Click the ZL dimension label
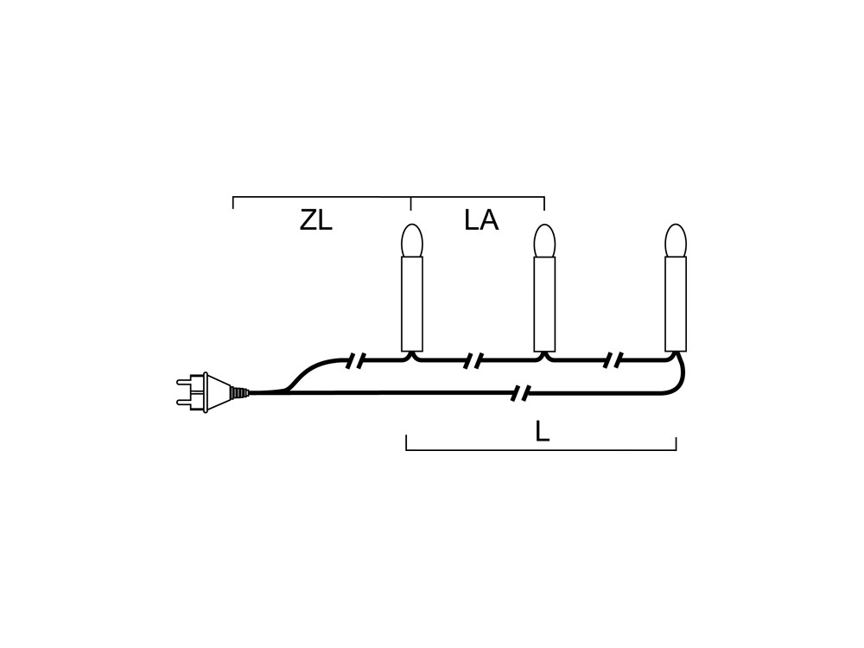coord(315,221)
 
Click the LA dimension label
coord(481,220)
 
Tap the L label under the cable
coord(543,431)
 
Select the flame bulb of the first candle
coord(411,240)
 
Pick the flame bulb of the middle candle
coord(544,240)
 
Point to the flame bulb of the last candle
coord(676,240)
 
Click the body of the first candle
coord(411,304)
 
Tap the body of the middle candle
coord(544,304)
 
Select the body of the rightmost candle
coord(676,304)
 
